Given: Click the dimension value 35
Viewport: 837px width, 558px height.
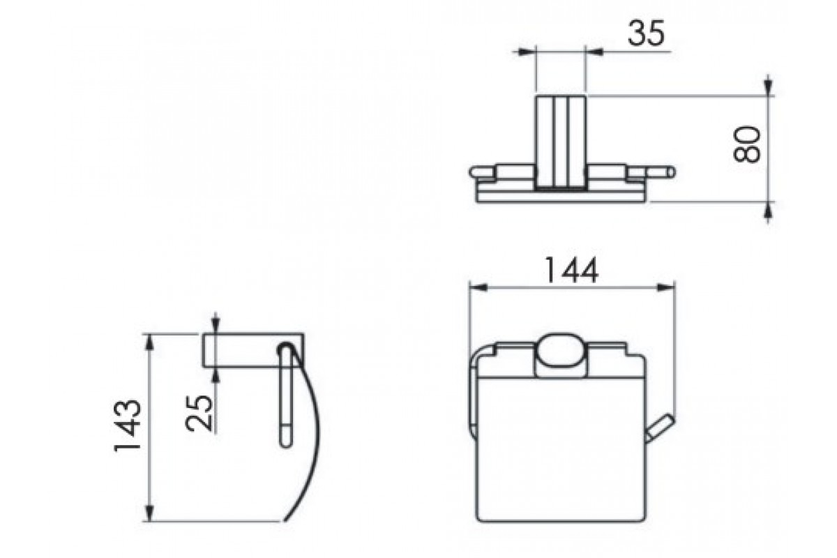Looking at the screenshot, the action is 646,33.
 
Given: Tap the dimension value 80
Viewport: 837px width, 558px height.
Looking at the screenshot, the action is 747,144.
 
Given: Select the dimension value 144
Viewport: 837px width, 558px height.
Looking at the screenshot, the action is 572,270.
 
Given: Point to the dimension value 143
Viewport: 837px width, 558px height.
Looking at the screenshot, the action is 128,426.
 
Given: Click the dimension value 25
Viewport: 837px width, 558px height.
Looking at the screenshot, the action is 199,413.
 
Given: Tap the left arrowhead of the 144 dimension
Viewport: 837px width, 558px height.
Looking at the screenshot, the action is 478,287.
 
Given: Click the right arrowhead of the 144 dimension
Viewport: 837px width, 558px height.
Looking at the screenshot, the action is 666,287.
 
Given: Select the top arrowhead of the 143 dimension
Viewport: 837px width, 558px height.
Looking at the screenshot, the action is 149,342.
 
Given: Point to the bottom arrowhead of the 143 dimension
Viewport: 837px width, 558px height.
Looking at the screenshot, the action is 149,513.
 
